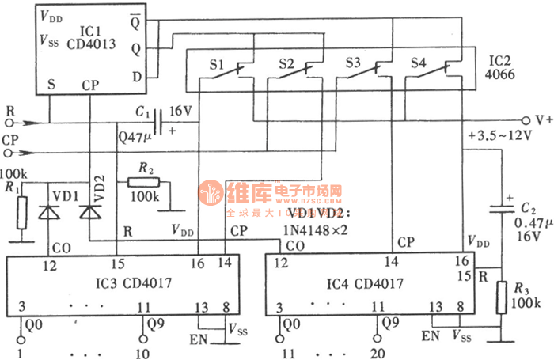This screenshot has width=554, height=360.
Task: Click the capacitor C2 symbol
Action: pos(500,207)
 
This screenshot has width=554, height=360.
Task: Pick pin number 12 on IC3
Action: pos(50,265)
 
